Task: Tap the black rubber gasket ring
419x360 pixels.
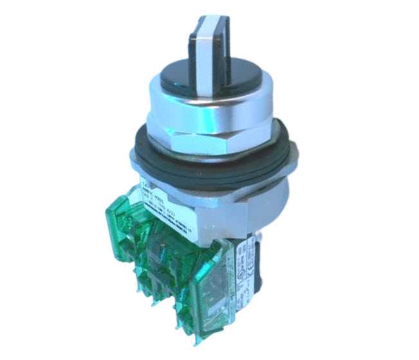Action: pyautogui.click(x=212, y=157)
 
